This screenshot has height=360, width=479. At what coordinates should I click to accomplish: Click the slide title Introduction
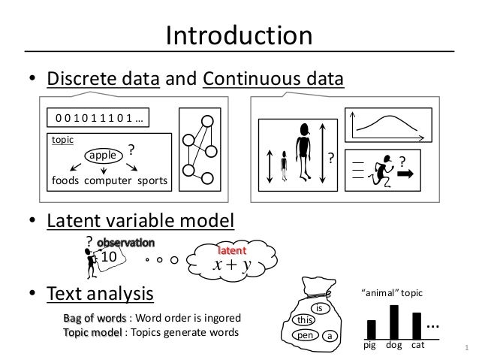[239, 35]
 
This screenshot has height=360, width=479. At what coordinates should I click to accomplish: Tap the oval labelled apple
[98, 155]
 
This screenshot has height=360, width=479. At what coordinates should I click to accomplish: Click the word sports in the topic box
[152, 182]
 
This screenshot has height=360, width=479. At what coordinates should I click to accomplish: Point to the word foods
[67, 182]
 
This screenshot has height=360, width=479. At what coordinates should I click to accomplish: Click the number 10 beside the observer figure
[110, 256]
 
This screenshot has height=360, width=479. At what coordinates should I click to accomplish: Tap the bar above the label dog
[394, 321]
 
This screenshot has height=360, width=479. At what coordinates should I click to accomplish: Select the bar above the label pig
[371, 328]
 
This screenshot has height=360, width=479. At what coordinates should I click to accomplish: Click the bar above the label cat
[417, 325]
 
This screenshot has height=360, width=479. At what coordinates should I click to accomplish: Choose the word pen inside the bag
[305, 335]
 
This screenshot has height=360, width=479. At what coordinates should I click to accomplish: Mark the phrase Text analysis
[101, 292]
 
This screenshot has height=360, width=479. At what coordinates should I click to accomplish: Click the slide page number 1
[467, 348]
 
